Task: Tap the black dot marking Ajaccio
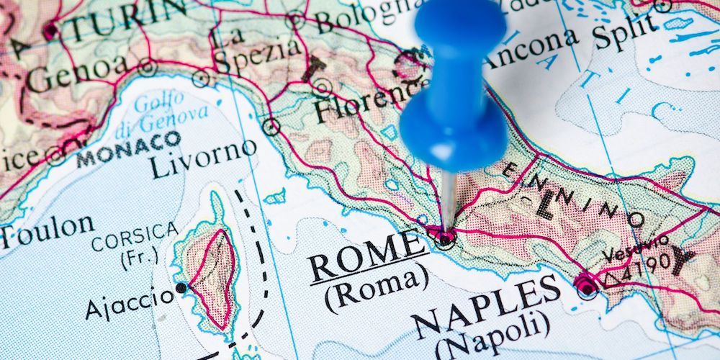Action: [181, 288]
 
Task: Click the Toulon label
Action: [45, 229]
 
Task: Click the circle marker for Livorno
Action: [271, 127]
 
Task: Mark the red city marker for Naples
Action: [586, 287]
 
